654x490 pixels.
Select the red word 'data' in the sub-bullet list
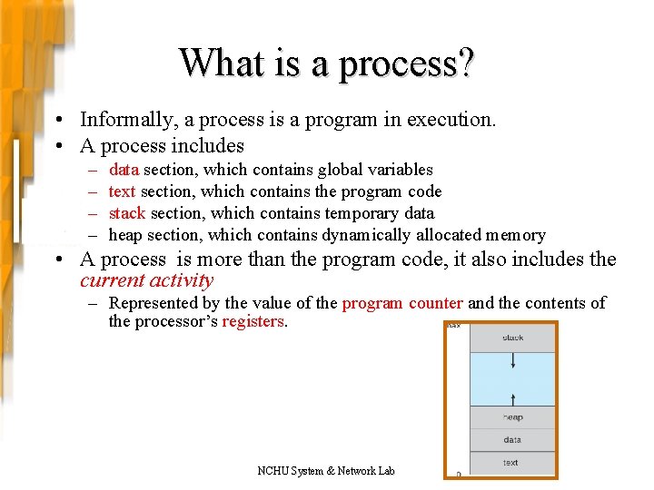pyautogui.click(x=124, y=170)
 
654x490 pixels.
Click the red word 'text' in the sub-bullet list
pyautogui.click(x=122, y=191)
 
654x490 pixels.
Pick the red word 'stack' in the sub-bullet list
pyautogui.click(x=126, y=213)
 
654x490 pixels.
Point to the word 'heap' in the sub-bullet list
pyautogui.click(x=125, y=235)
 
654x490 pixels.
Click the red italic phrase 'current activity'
pyautogui.click(x=146, y=281)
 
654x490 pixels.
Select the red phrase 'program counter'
pyautogui.click(x=402, y=303)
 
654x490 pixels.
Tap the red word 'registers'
pyautogui.click(x=253, y=322)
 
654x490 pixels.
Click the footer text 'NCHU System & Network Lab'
pyautogui.click(x=326, y=470)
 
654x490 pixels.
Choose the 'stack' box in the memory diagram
pyautogui.click(x=512, y=338)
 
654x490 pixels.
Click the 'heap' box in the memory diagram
pyautogui.click(x=512, y=417)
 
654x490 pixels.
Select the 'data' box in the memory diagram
pyautogui.click(x=512, y=440)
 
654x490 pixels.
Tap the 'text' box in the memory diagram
pyautogui.click(x=512, y=463)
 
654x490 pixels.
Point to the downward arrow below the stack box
pyautogui.click(x=512, y=362)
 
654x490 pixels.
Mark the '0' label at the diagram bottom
pyautogui.click(x=458, y=474)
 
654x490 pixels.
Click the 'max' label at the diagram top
pyautogui.click(x=453, y=325)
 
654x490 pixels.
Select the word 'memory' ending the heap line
pyautogui.click(x=515, y=235)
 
